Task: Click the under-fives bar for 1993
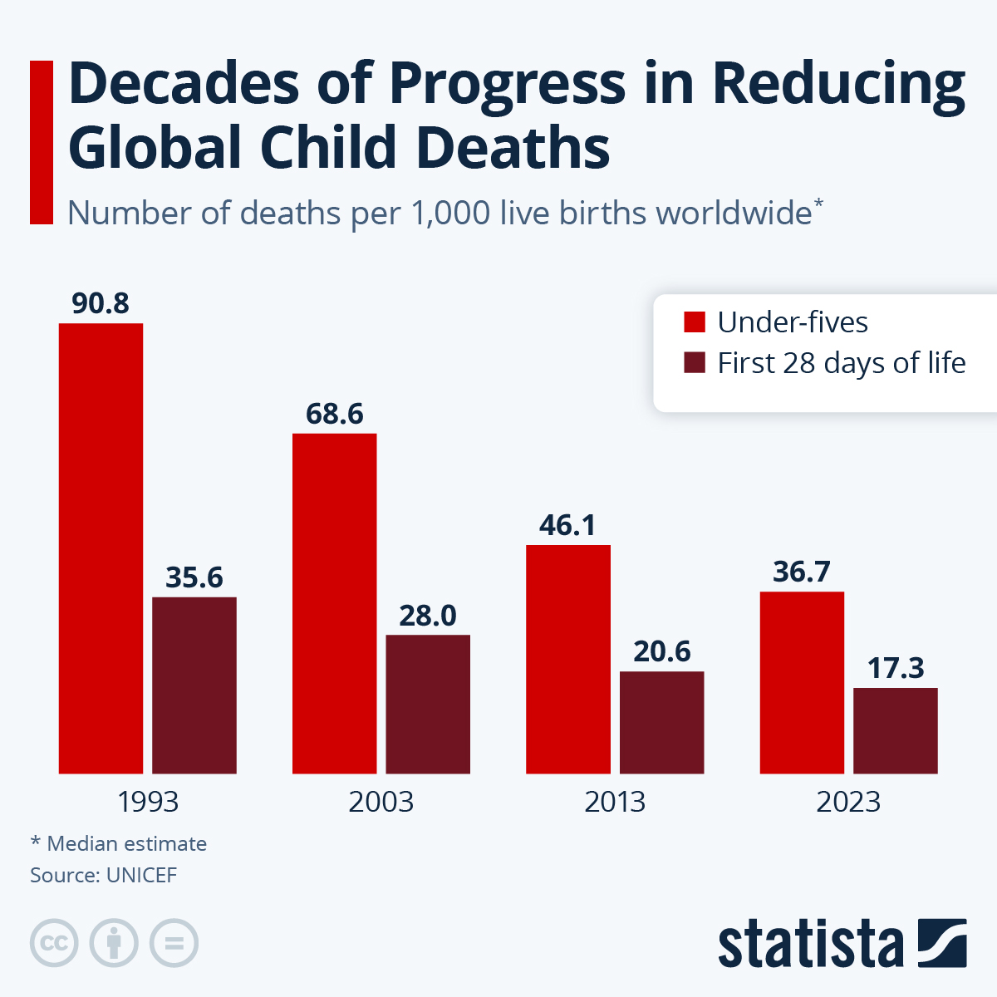pyautogui.click(x=101, y=548)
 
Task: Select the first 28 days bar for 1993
pyautogui.click(x=194, y=685)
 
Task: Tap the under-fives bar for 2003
pyautogui.click(x=334, y=603)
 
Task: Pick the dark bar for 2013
pyautogui.click(x=662, y=722)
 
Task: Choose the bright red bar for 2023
pyautogui.click(x=802, y=682)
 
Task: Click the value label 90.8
pyautogui.click(x=101, y=304)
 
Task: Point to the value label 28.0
pyautogui.click(x=428, y=616)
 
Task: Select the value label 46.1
pyautogui.click(x=567, y=526)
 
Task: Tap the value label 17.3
pyautogui.click(x=896, y=668)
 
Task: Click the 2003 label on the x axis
pyautogui.click(x=381, y=802)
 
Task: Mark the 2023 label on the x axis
pyautogui.click(x=848, y=802)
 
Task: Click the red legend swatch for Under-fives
pyautogui.click(x=695, y=322)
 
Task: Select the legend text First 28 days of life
pyautogui.click(x=841, y=363)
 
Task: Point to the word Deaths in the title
pyautogui.click(x=513, y=148)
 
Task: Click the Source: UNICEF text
pyautogui.click(x=103, y=875)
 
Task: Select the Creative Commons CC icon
pyautogui.click(x=54, y=943)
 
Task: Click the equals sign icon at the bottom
pyautogui.click(x=174, y=943)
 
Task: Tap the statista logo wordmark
pyautogui.click(x=810, y=945)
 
